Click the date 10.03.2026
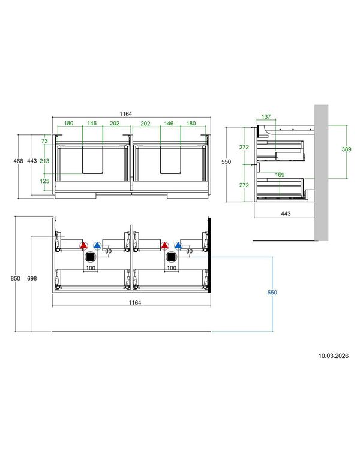[333, 356]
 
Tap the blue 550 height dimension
[272, 293]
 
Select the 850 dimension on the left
[15, 278]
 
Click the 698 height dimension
[32, 278]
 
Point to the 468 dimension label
[18, 161]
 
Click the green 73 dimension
[44, 141]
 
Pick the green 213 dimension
[44, 161]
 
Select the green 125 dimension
[44, 181]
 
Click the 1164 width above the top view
[126, 114]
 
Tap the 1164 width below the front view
[134, 303]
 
